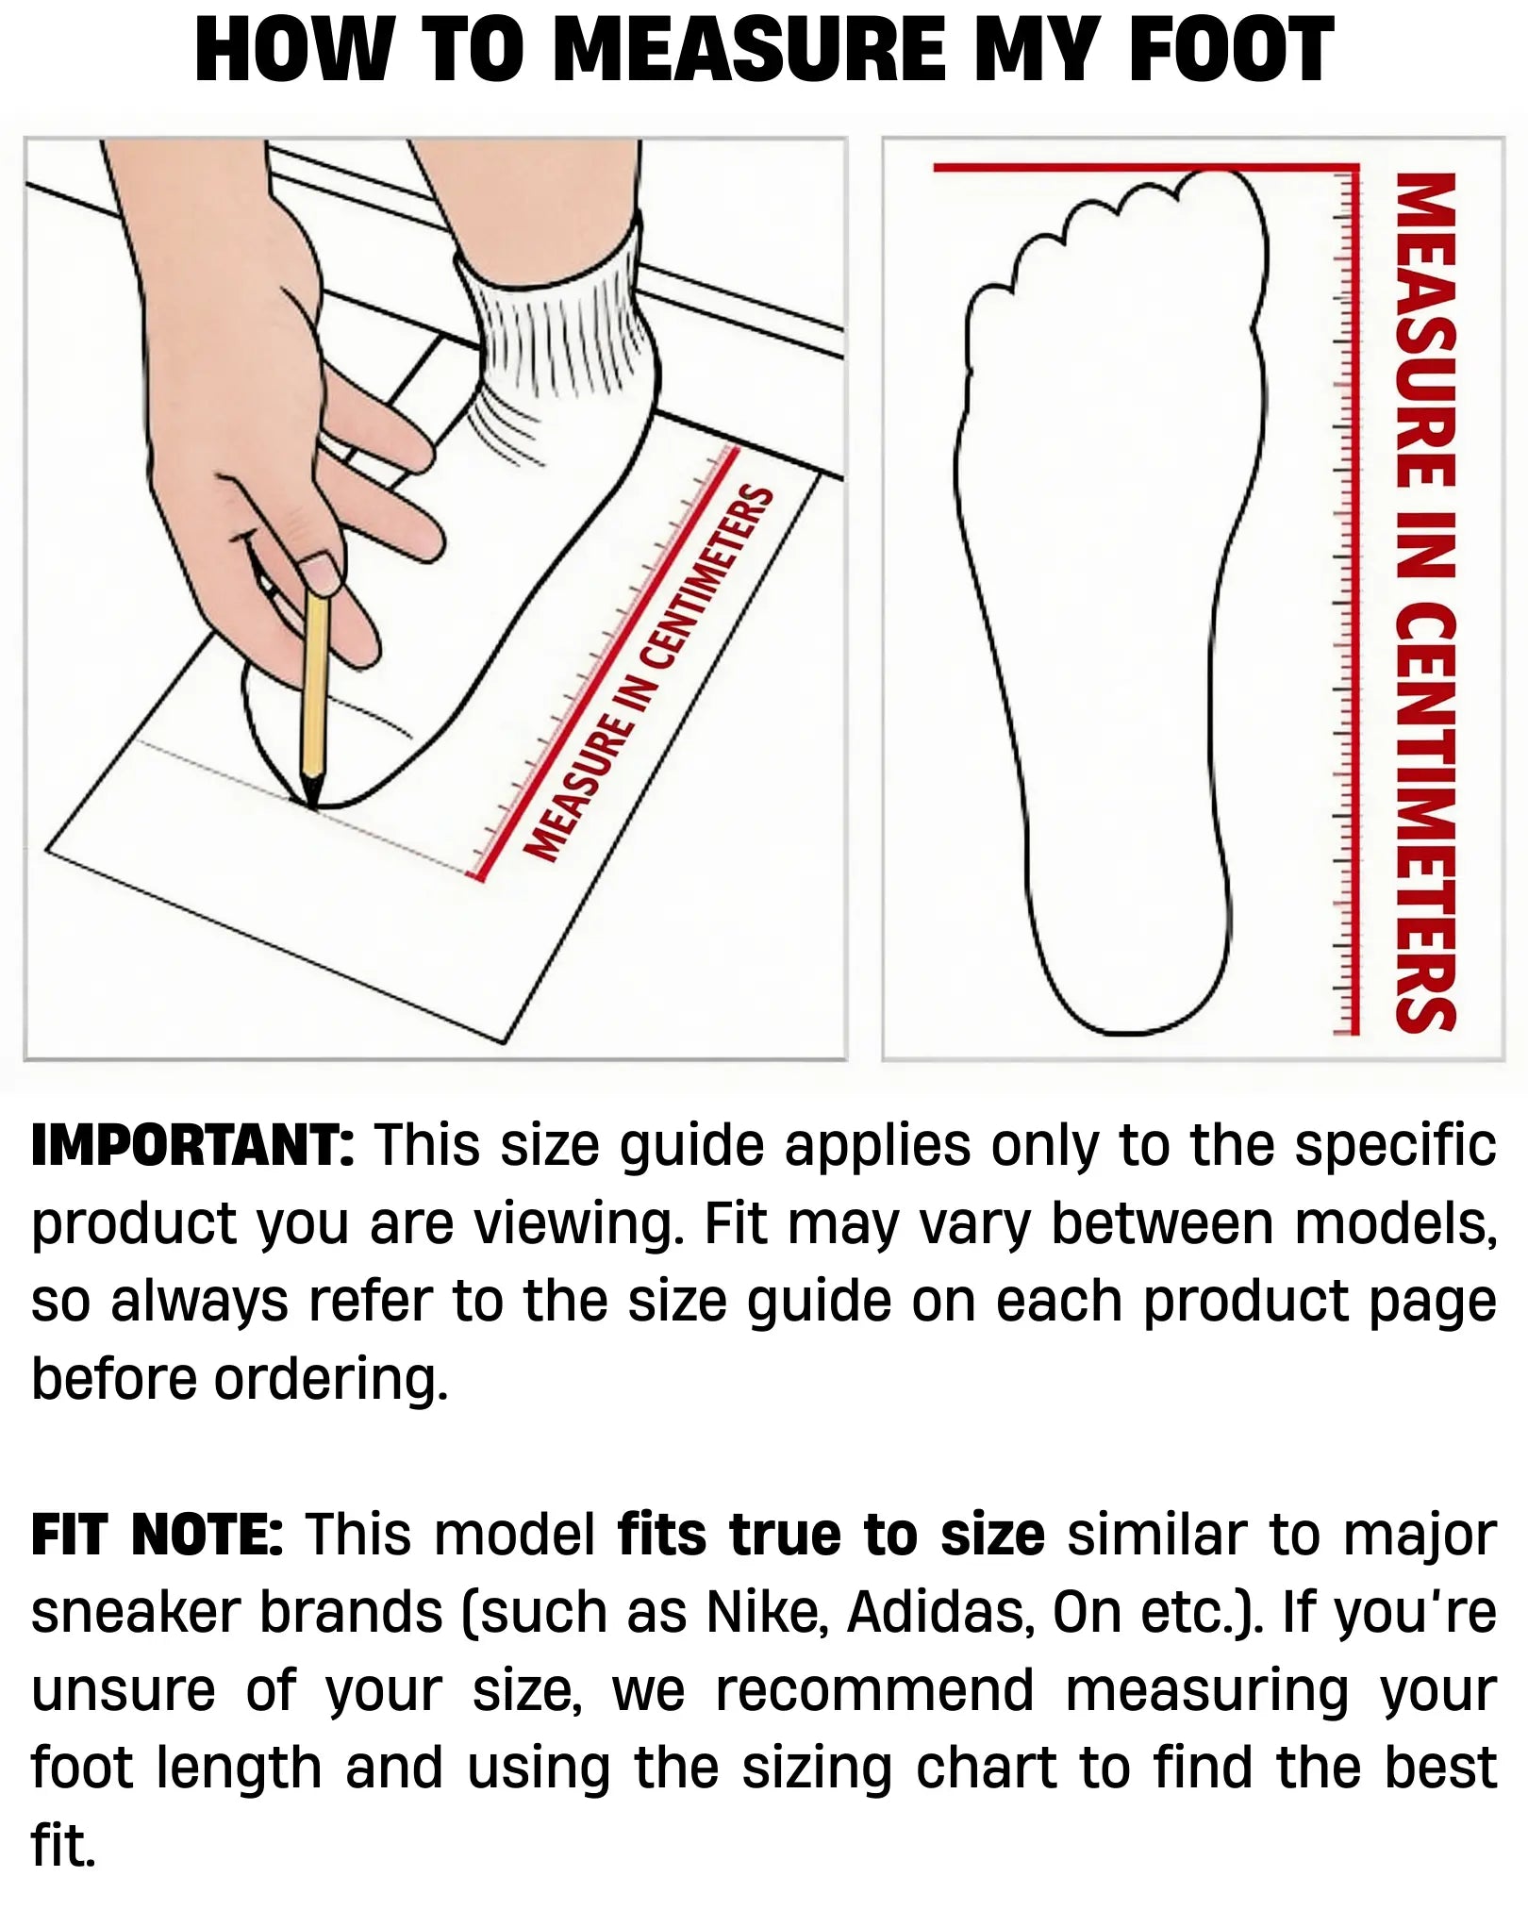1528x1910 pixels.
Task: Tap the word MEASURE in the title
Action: click(749, 51)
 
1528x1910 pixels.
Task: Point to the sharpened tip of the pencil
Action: click(312, 805)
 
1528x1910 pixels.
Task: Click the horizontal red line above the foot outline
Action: click(1145, 168)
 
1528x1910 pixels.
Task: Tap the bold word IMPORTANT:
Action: click(193, 1146)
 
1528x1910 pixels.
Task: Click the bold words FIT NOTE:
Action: click(158, 1535)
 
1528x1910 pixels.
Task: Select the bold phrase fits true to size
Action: click(831, 1535)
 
